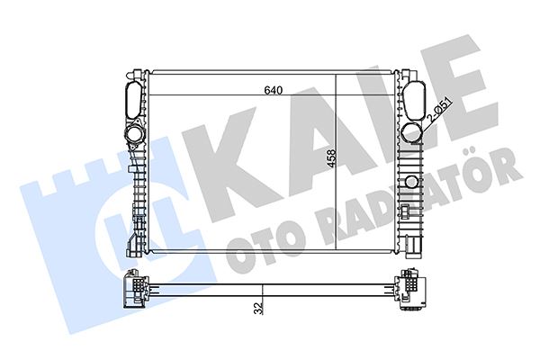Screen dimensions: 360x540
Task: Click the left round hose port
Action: click(x=134, y=135)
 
